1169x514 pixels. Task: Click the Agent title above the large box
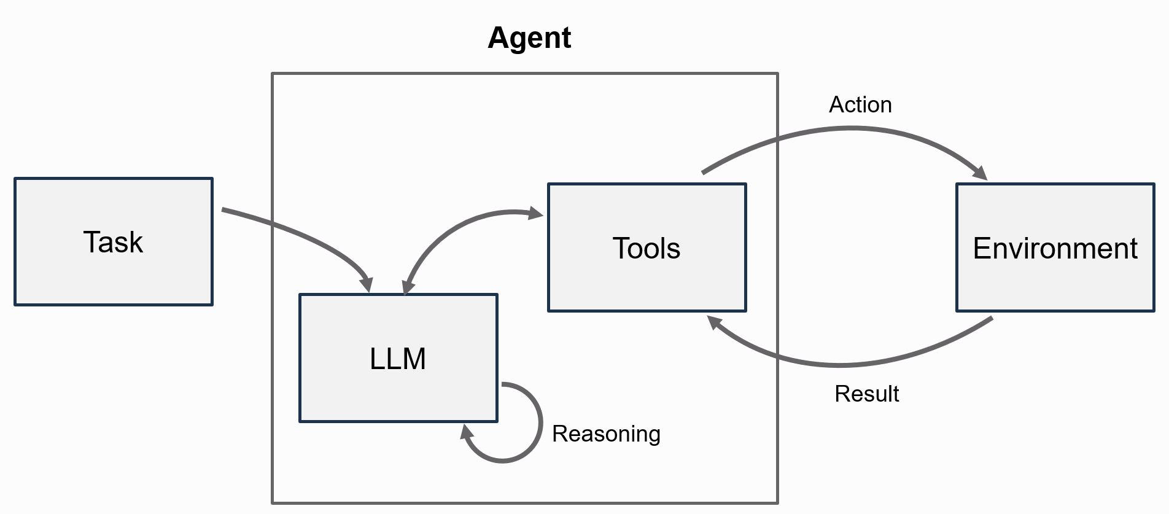point(529,38)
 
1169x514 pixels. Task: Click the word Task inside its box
point(113,242)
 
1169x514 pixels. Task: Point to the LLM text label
point(398,359)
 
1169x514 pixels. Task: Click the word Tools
point(647,249)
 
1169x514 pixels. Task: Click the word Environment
point(1055,249)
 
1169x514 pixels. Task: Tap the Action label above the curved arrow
point(860,105)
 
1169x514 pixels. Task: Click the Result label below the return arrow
point(866,394)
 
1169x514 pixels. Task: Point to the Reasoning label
point(606,434)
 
